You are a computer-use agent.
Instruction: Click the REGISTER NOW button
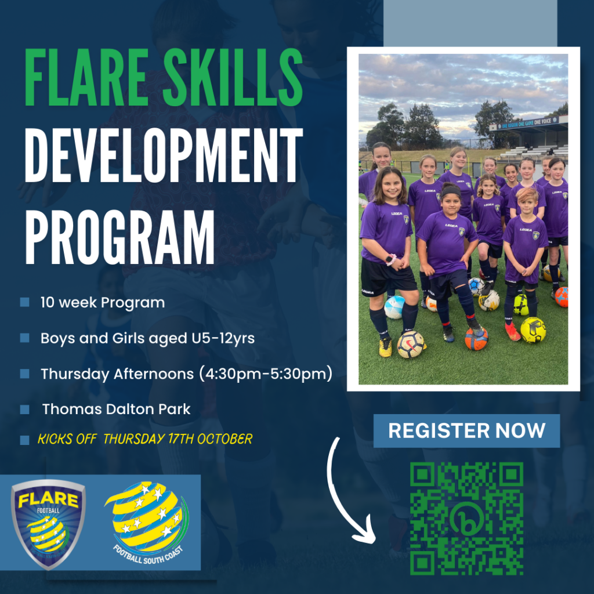point(466,430)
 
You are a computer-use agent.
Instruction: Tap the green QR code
point(466,518)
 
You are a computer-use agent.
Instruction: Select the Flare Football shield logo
point(48,521)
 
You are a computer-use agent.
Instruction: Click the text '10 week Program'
point(102,302)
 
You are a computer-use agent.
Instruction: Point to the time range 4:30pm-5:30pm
point(266,374)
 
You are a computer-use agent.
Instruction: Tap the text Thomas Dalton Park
point(116,409)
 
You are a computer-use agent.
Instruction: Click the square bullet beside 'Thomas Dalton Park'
point(24,410)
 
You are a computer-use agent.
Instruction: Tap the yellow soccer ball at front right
point(533,329)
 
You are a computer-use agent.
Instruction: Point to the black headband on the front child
point(451,189)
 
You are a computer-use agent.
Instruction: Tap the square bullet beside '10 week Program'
point(24,302)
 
